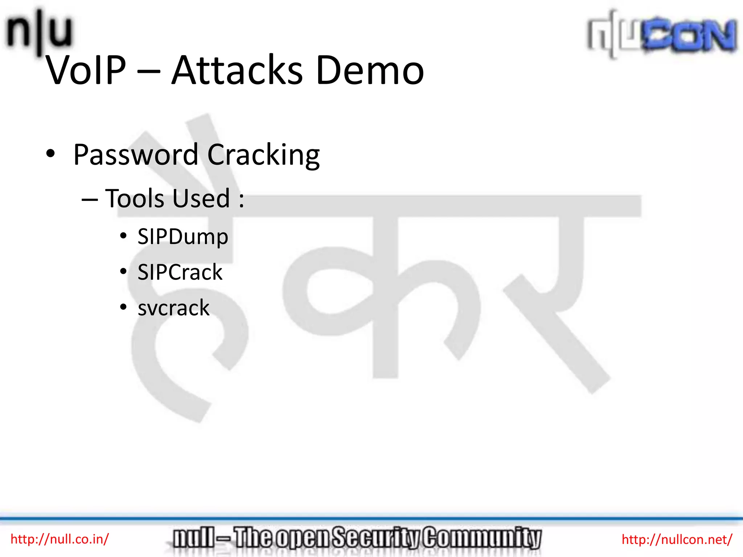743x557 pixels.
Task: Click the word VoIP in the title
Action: point(86,70)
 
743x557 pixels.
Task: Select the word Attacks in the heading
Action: point(237,70)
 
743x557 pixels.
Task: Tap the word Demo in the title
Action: point(370,70)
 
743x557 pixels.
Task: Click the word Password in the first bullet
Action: point(136,155)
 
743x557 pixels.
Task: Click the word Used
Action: point(201,198)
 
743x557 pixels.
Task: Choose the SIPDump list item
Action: point(183,237)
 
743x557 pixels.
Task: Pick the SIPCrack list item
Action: point(180,272)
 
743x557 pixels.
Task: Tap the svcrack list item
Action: point(173,308)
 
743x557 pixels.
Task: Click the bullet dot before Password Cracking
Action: point(51,153)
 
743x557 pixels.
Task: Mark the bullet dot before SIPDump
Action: point(123,236)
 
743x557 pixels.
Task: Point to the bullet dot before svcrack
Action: point(123,307)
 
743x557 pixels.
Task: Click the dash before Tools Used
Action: point(90,199)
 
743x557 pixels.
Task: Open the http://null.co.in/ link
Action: point(59,539)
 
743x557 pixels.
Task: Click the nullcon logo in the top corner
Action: point(662,35)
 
